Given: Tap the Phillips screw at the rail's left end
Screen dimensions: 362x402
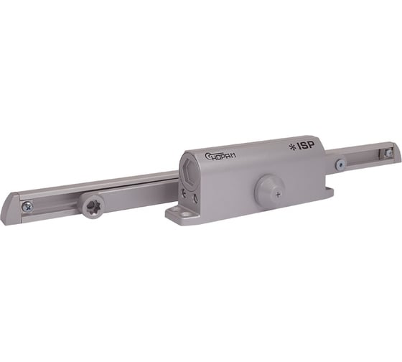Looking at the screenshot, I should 27,206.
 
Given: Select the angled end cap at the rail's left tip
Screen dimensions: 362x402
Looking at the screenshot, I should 9,212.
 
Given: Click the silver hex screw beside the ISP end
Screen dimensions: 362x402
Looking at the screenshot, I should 339,164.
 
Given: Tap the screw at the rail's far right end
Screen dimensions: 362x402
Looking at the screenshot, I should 388,153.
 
